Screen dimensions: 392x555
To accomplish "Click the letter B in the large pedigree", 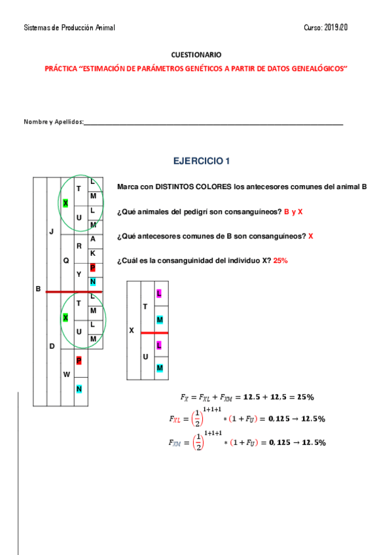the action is (38, 289).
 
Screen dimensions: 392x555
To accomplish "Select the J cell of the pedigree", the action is (52, 232).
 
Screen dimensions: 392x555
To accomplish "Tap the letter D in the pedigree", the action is (52, 346).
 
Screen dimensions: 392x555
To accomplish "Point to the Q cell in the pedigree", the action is (65, 260).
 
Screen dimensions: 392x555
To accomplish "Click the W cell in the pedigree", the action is (65, 374).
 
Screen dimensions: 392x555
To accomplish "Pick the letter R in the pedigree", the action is (79, 246).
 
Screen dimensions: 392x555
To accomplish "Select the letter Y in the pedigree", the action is (79, 274).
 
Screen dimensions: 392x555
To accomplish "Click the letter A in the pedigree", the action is (93, 239).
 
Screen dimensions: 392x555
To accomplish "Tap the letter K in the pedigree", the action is (93, 253).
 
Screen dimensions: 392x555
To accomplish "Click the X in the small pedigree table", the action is (131, 331).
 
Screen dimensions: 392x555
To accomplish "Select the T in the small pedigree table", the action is (145, 306).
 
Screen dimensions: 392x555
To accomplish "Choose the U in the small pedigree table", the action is (145, 356).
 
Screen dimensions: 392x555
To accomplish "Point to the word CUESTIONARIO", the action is (196, 56).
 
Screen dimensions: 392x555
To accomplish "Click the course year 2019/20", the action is (335, 27).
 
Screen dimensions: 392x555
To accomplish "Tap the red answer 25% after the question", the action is (280, 260).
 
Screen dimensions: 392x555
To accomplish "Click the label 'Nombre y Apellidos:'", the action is (54, 122).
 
